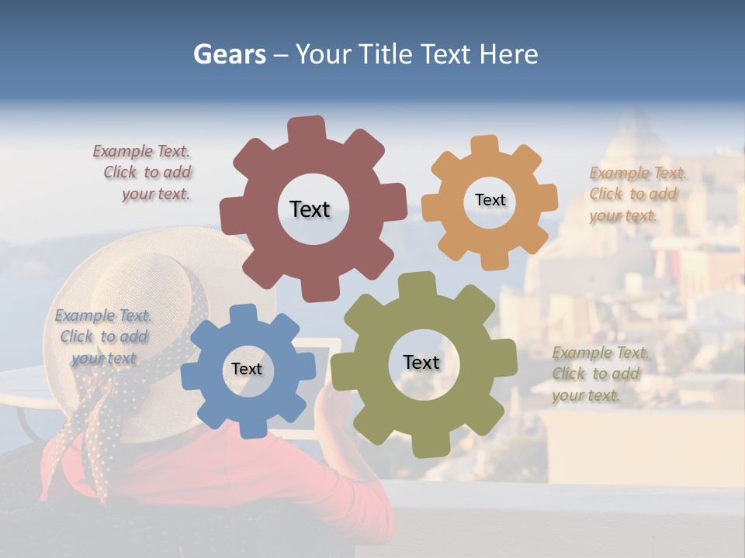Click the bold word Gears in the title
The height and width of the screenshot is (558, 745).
tap(229, 54)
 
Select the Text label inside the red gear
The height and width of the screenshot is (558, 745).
tap(310, 209)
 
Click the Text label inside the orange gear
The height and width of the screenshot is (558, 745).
tap(490, 200)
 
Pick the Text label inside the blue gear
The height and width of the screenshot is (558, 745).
tap(247, 369)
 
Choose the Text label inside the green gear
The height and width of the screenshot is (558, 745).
tap(421, 362)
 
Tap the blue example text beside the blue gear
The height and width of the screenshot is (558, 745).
tap(103, 336)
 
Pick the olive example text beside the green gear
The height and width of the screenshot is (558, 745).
tap(599, 374)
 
